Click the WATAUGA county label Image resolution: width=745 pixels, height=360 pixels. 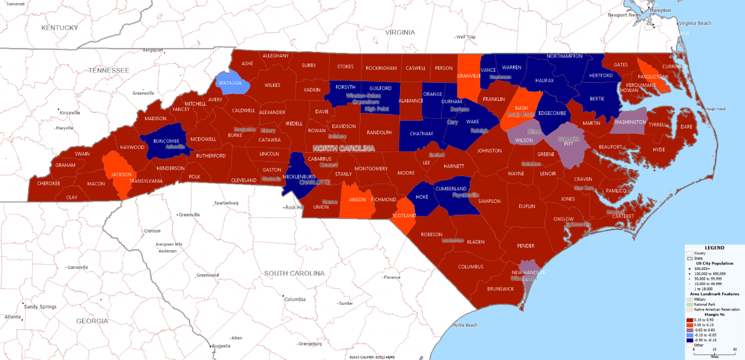coord(230,83)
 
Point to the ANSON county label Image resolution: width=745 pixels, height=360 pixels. coord(357,199)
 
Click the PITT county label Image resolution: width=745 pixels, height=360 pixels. coord(568,144)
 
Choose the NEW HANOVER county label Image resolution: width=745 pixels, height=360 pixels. coord(528,272)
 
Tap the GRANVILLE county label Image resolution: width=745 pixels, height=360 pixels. coord(468,76)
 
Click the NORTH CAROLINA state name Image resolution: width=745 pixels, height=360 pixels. coord(343,148)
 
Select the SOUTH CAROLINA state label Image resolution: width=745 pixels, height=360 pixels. coord(294,273)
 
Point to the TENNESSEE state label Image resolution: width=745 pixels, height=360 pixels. coord(108,70)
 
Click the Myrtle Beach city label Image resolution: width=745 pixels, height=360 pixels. coord(465,325)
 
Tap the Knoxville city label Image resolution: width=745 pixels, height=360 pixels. coord(69,113)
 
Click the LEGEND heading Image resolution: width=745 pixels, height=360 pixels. coord(714,248)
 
